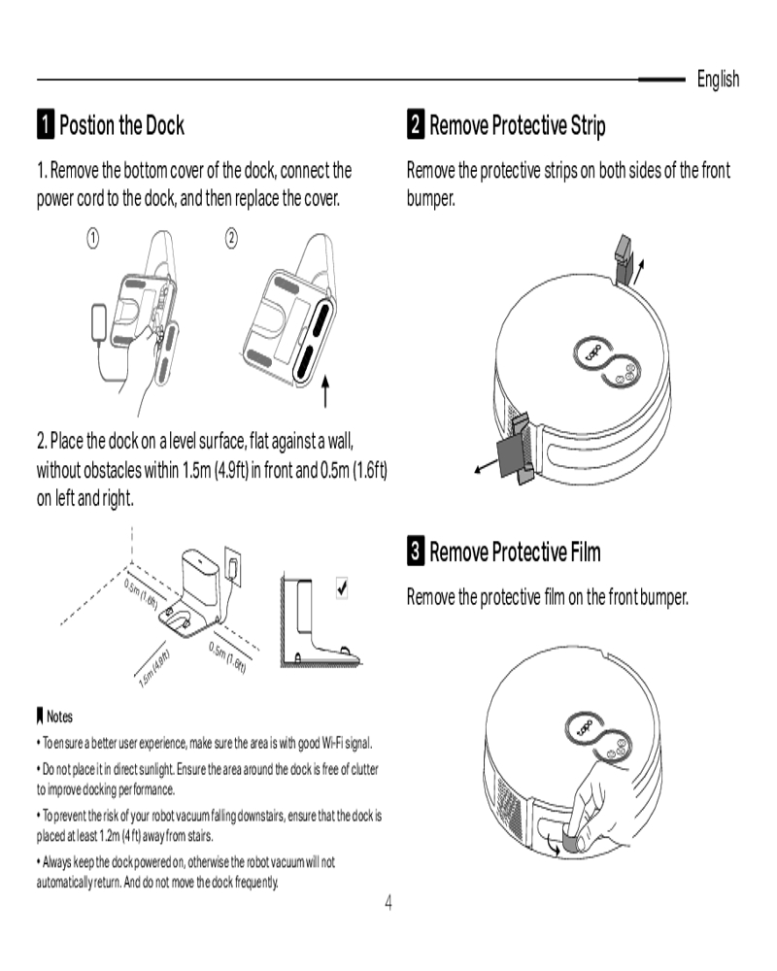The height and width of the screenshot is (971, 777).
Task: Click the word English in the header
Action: point(718,80)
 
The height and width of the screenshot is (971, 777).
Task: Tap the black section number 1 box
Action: point(46,124)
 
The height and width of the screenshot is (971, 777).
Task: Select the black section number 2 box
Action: point(415,124)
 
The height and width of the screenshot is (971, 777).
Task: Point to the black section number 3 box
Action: point(415,551)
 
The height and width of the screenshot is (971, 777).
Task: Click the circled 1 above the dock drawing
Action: point(92,239)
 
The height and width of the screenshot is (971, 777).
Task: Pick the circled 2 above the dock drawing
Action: point(231,239)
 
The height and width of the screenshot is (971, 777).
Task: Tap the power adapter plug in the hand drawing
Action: point(99,322)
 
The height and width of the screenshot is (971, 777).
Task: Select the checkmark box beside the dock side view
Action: point(342,587)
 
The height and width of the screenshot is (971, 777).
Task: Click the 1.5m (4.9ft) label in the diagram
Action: point(154,670)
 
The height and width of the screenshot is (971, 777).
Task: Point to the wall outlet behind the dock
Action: point(232,567)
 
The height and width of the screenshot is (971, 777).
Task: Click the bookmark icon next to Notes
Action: point(40,717)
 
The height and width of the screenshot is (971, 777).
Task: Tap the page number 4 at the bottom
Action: point(388,903)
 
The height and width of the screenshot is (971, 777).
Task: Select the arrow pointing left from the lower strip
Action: point(486,466)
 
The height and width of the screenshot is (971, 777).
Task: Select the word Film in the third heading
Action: point(586,552)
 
